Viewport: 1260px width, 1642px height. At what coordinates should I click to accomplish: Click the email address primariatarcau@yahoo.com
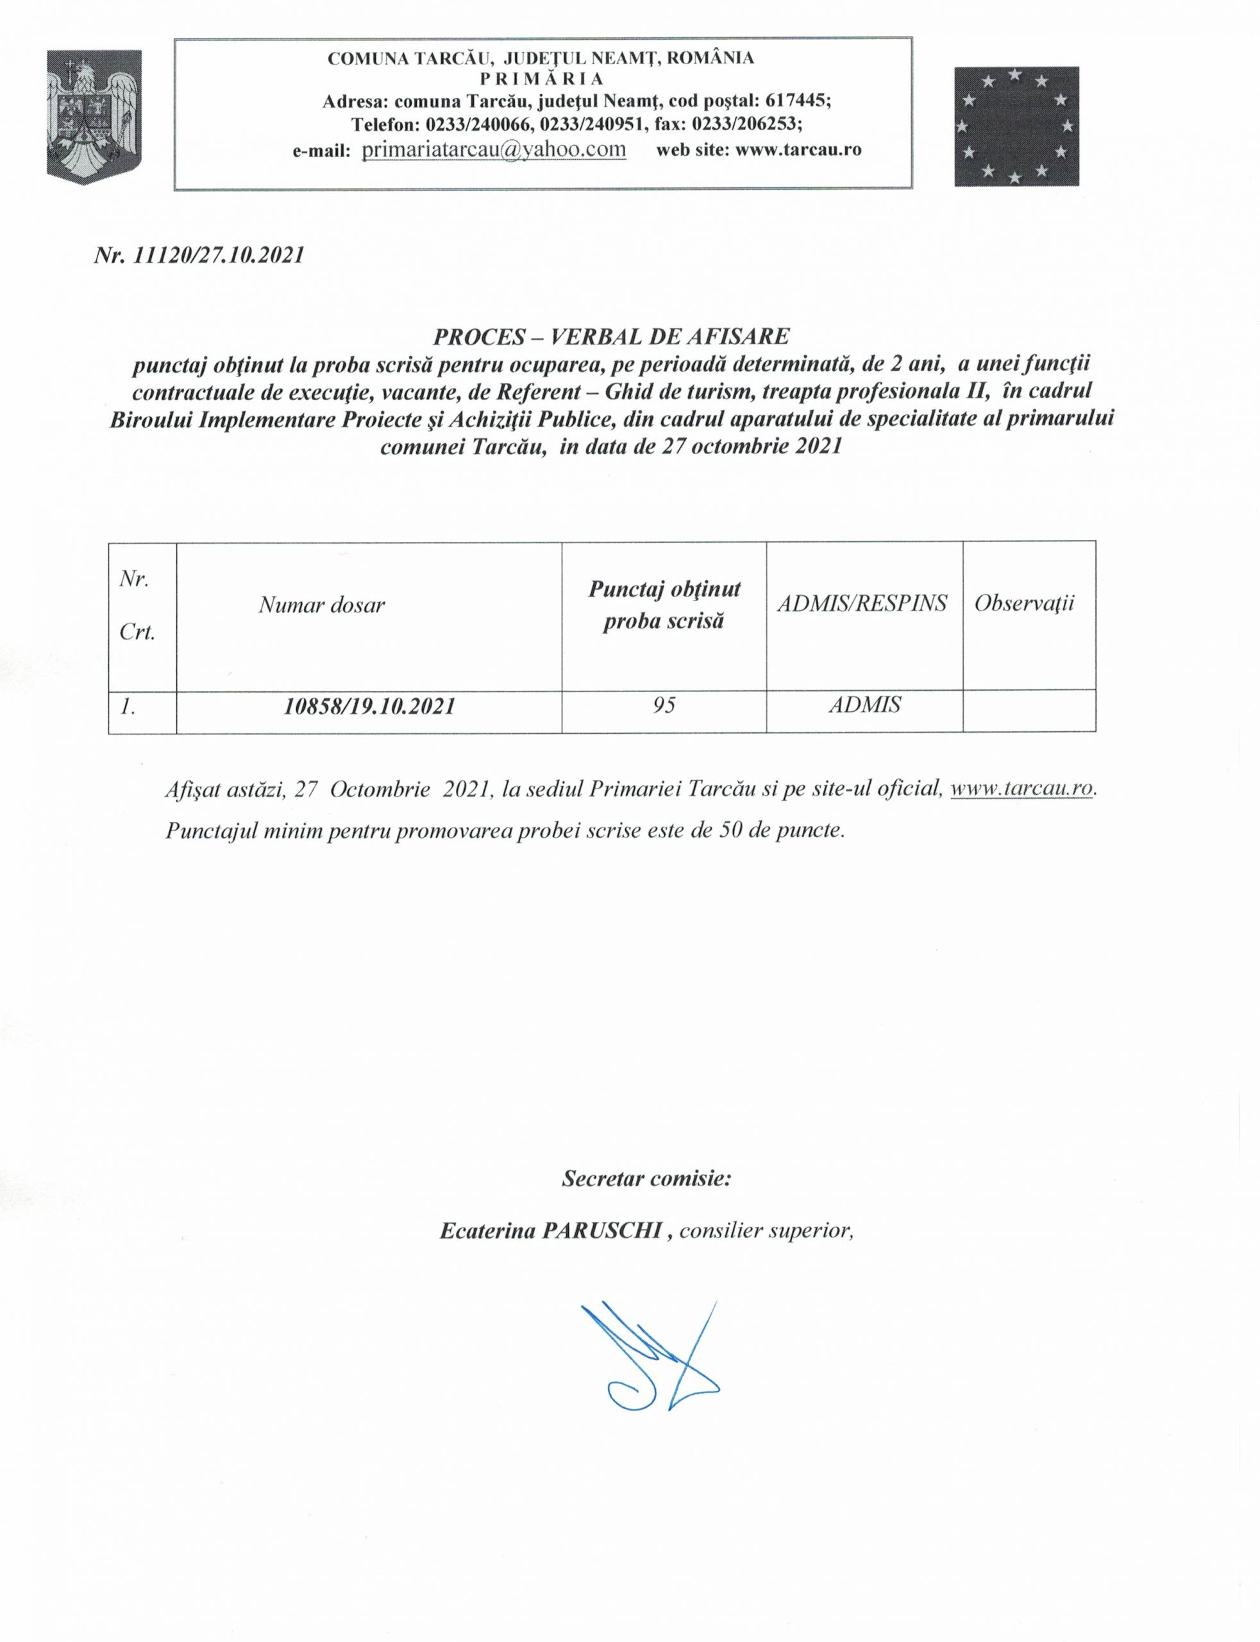[494, 149]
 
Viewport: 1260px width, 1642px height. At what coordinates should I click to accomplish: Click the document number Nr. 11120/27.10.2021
[199, 256]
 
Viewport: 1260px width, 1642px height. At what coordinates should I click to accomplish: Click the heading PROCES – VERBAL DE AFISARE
[612, 338]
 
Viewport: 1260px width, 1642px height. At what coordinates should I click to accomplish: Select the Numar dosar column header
[322, 605]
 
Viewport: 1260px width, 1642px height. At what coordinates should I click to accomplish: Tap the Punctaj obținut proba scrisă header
[664, 605]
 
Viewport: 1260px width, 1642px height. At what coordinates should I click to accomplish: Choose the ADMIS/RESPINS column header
[862, 603]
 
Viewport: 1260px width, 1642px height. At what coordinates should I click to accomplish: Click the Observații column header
[1025, 603]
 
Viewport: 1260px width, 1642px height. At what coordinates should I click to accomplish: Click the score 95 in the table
[664, 705]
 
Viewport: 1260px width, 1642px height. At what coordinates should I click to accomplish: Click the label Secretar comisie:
[646, 1178]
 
